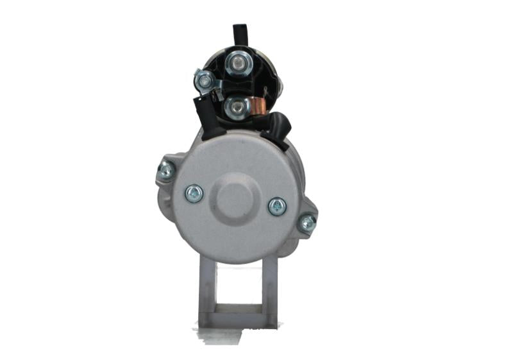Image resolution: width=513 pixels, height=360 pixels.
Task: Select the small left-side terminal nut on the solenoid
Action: (205, 80)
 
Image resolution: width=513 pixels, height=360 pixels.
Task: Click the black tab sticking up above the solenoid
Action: (240, 33)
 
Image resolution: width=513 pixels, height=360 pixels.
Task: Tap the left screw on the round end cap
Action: (194, 193)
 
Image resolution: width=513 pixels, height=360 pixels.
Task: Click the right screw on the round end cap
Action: (277, 206)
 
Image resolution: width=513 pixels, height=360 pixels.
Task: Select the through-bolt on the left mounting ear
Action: (166, 171)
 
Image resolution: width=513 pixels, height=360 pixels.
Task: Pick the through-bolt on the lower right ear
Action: (307, 223)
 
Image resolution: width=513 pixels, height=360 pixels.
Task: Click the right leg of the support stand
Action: (269, 289)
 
